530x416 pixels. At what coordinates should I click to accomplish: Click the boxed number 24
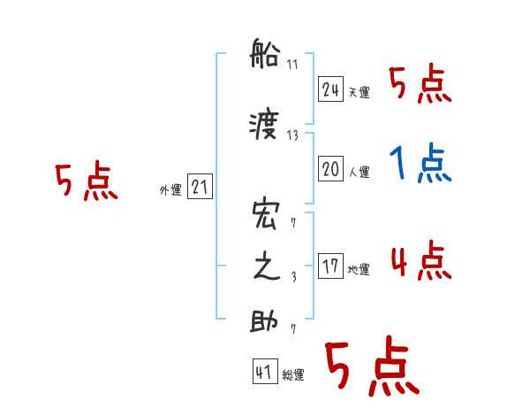pyautogui.click(x=330, y=90)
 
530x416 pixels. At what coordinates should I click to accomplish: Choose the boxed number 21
pyautogui.click(x=200, y=187)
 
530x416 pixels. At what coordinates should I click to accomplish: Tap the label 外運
pyautogui.click(x=170, y=189)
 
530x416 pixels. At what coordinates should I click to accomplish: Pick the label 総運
pyautogui.click(x=293, y=375)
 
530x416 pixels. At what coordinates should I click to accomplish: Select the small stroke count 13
pyautogui.click(x=293, y=135)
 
